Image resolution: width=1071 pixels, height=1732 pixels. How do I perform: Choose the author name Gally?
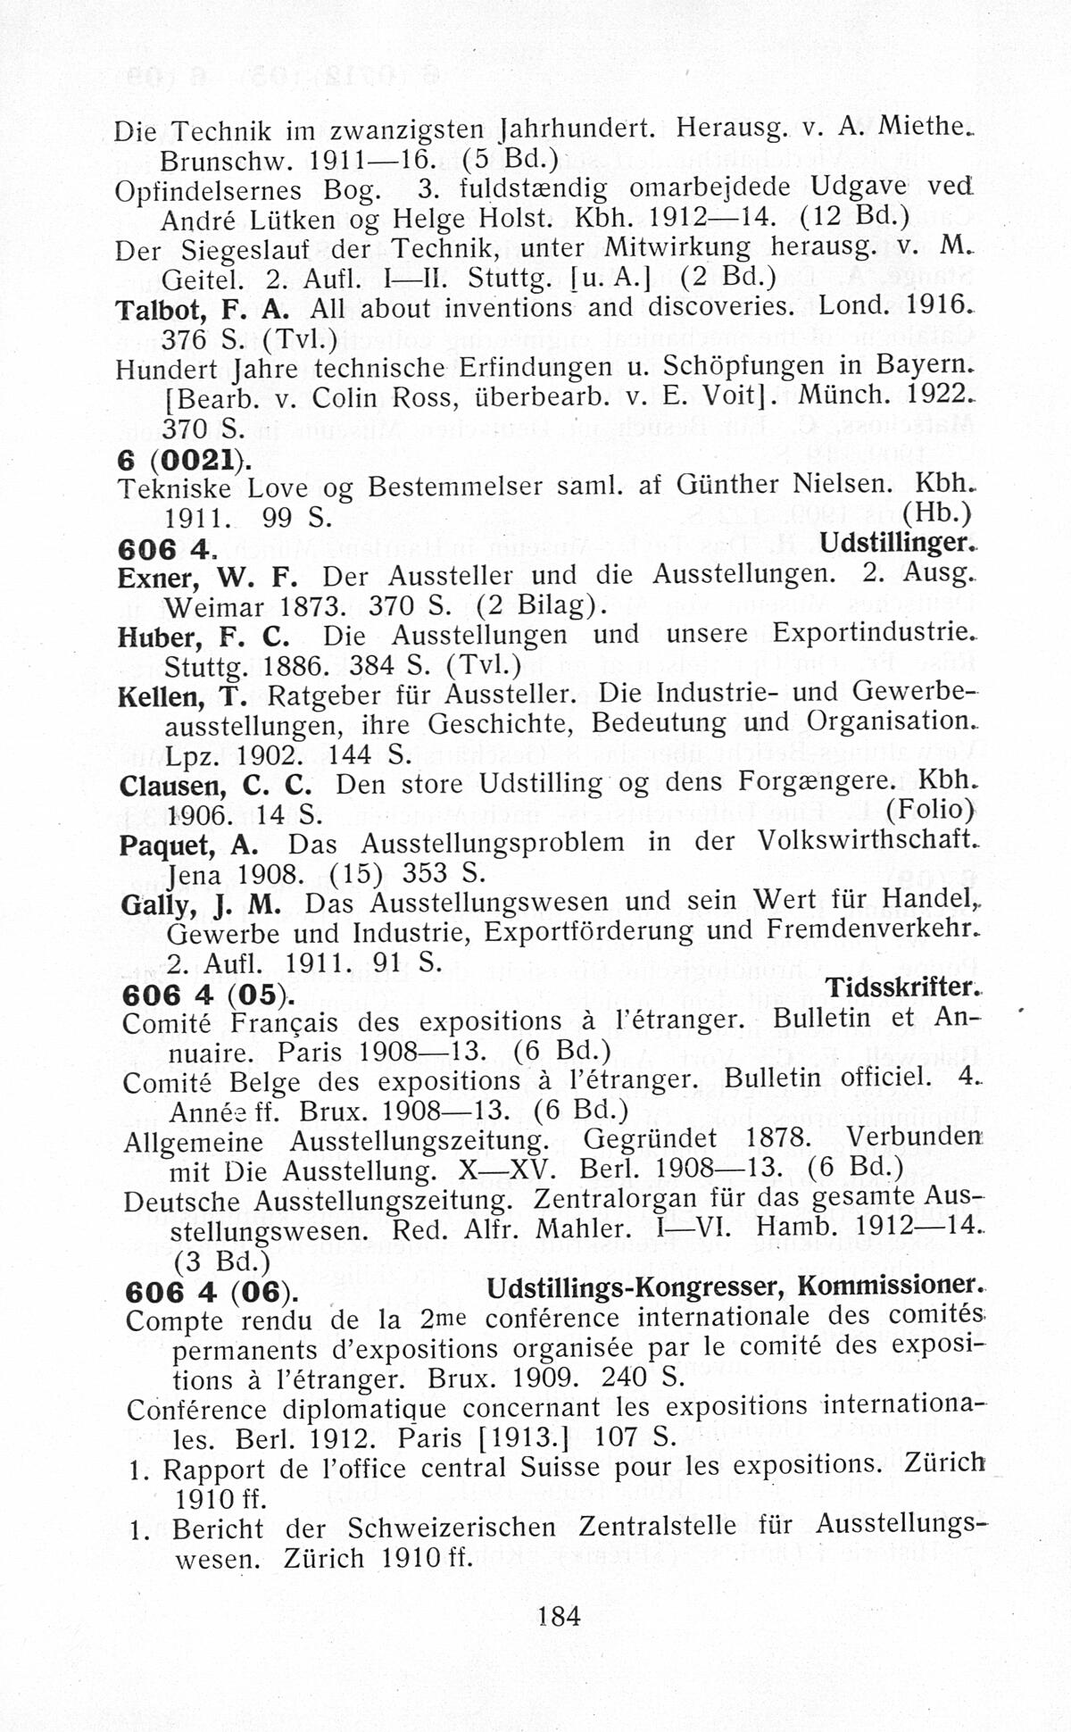tap(154, 904)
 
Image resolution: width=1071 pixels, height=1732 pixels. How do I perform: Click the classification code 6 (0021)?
tap(183, 459)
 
